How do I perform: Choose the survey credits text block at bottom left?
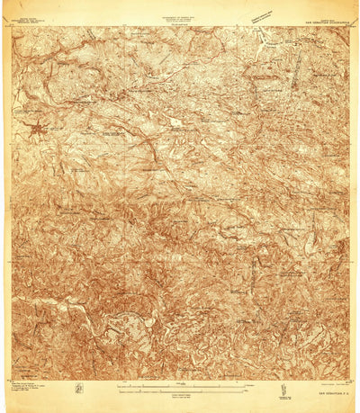31,391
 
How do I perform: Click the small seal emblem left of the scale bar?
79,388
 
